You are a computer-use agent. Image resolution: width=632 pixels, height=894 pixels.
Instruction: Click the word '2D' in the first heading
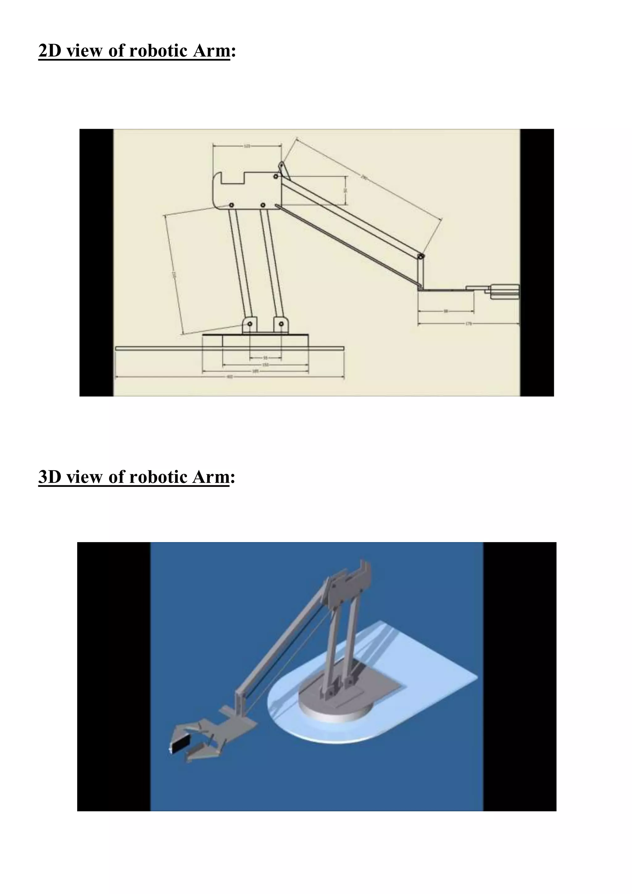[x=51, y=51]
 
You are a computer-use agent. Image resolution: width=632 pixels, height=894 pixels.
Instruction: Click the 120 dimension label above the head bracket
[x=247, y=146]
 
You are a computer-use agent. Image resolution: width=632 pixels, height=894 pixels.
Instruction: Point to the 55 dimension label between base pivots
[x=265, y=357]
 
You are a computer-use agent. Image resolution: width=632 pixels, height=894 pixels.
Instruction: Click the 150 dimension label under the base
[x=265, y=365]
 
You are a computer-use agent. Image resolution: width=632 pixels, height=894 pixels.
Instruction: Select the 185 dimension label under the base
[x=255, y=371]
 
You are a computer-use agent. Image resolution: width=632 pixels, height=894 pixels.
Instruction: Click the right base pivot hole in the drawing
[x=281, y=324]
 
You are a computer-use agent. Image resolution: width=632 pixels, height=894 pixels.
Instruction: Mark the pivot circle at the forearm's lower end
[x=421, y=257]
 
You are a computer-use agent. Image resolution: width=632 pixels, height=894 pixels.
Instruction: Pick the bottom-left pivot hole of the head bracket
[x=231, y=205]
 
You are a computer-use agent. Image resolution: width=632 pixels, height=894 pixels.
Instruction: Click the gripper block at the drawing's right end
[x=505, y=291]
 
